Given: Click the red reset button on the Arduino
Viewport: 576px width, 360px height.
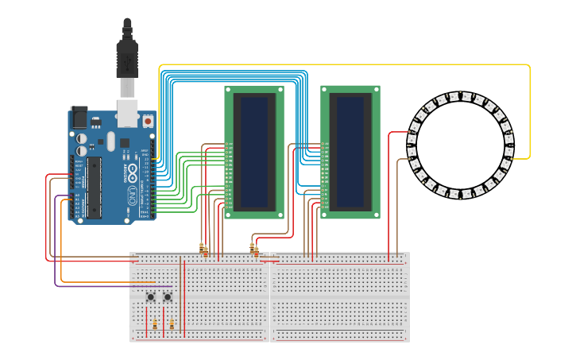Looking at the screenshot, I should (148, 122).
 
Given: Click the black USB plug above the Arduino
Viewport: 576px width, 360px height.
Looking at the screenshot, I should (127, 60).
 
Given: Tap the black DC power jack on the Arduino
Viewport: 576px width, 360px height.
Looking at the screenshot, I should (79, 117).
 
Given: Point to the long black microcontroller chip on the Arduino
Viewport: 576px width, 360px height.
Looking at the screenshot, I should (94, 187).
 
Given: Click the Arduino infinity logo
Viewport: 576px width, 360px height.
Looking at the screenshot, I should (133, 172).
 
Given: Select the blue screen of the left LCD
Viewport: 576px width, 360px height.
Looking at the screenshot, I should (253, 151).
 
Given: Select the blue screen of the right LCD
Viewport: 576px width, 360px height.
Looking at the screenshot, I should (350, 151).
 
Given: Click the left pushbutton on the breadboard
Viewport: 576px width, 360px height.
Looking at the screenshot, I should (151, 297).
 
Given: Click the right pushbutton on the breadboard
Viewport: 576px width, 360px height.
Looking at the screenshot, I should (168, 297).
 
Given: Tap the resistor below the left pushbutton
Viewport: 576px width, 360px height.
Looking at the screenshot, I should (155, 324).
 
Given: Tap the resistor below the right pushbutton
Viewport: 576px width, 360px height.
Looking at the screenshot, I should (172, 324).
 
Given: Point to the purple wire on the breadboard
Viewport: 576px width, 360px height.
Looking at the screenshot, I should (111, 286).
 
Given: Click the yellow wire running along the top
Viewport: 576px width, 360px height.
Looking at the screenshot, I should (342, 64).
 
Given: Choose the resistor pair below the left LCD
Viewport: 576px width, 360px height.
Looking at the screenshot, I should (204, 250).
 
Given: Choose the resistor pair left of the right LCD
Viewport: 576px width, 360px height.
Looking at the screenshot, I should (254, 249).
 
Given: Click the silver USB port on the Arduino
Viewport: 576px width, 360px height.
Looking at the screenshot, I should (127, 111).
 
